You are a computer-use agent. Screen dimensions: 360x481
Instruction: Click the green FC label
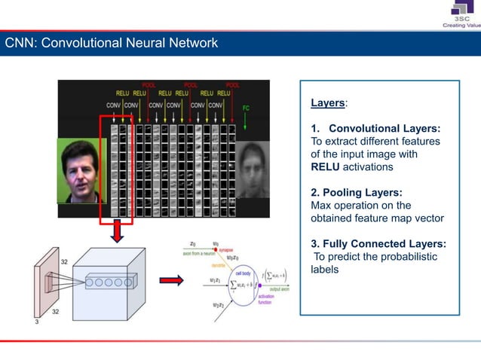pyautogui.click(x=246, y=108)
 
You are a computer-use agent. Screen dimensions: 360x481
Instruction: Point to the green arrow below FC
pyautogui.click(x=246, y=124)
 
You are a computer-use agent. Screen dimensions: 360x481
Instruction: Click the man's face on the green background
pyautogui.click(x=81, y=170)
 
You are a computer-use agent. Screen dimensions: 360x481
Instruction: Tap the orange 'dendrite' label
pyautogui.click(x=220, y=266)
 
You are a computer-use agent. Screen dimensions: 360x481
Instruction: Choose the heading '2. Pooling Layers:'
pyautogui.click(x=357, y=192)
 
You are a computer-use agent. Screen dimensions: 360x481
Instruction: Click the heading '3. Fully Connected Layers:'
pyautogui.click(x=378, y=243)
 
